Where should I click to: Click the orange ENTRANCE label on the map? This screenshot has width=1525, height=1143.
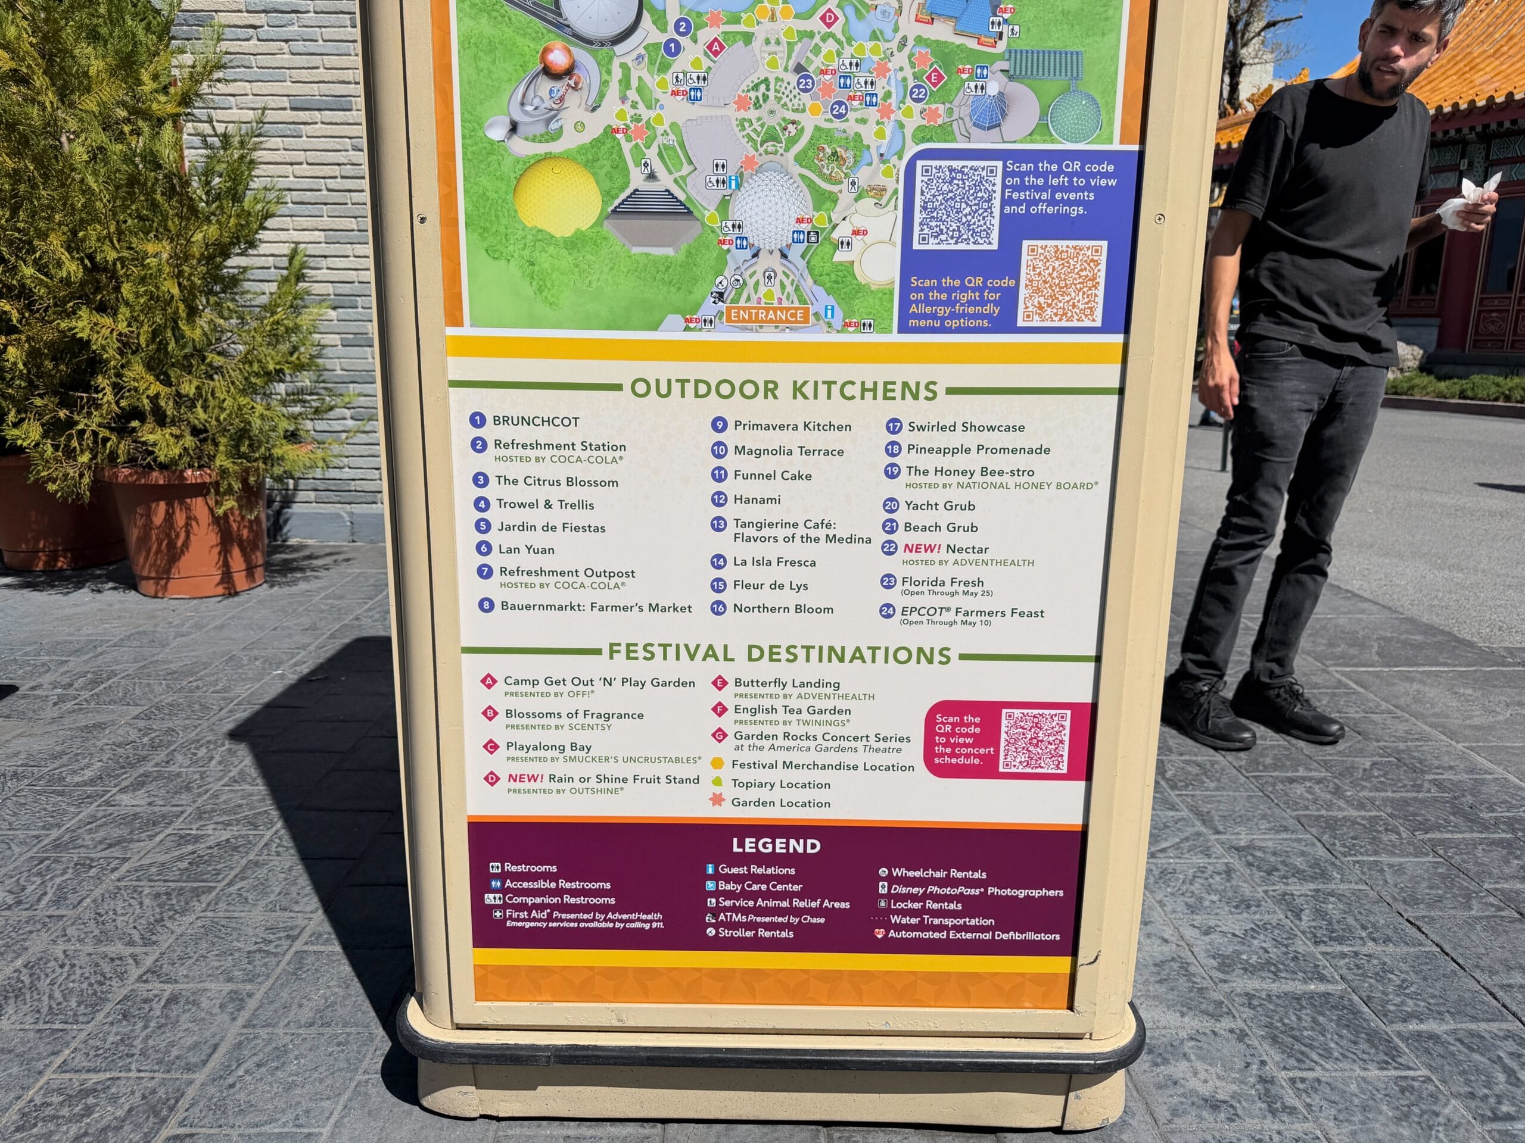767,315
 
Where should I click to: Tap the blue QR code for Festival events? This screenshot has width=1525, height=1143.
957,205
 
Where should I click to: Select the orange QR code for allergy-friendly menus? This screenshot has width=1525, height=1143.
1062,283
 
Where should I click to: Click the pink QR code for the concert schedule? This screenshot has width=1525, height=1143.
1034,741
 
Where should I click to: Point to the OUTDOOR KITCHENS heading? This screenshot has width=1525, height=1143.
784,389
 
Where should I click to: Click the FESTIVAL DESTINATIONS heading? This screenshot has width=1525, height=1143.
779,653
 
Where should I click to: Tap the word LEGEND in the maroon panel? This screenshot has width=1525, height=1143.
776,845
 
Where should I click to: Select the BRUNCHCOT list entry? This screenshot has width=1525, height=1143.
536,421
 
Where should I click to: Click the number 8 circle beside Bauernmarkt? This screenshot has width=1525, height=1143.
487,606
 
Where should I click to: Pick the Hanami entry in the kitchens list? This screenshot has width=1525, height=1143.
757,499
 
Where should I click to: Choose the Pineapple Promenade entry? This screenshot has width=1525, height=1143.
978,449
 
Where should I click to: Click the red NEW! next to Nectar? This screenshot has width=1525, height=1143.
922,548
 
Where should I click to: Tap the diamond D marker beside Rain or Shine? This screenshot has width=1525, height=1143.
491,779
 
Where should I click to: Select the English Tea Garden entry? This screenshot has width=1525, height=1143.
792,710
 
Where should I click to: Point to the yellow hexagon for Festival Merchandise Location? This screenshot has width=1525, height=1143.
718,763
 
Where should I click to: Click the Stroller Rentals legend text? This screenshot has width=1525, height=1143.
755,933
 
